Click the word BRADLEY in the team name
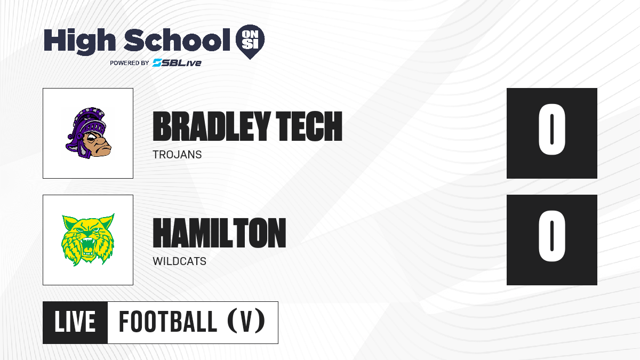point(211,126)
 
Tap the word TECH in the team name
point(309,126)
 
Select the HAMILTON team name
point(219,233)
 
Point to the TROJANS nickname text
point(177,155)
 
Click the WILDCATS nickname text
point(179,261)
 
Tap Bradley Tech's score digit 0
point(551,130)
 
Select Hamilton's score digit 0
point(551,236)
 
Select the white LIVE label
point(75,322)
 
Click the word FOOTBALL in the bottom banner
point(167,322)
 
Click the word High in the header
point(79,41)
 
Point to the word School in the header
point(177,39)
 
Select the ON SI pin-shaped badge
point(250,42)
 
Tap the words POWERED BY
point(130,63)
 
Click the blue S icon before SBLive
point(157,63)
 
